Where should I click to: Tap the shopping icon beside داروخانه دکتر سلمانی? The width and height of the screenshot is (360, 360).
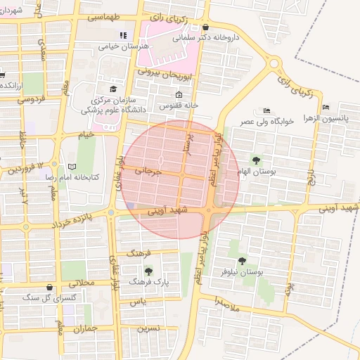click(205, 28)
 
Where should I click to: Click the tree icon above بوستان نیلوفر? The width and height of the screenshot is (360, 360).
click(242, 261)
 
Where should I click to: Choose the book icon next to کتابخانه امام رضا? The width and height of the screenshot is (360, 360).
click(71, 167)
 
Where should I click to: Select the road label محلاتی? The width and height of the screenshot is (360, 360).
click(82, 281)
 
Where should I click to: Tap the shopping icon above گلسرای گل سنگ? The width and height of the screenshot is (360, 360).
click(49, 287)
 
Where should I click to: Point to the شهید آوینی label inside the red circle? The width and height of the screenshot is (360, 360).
click(164, 210)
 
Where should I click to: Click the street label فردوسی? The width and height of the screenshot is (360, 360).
click(30, 99)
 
